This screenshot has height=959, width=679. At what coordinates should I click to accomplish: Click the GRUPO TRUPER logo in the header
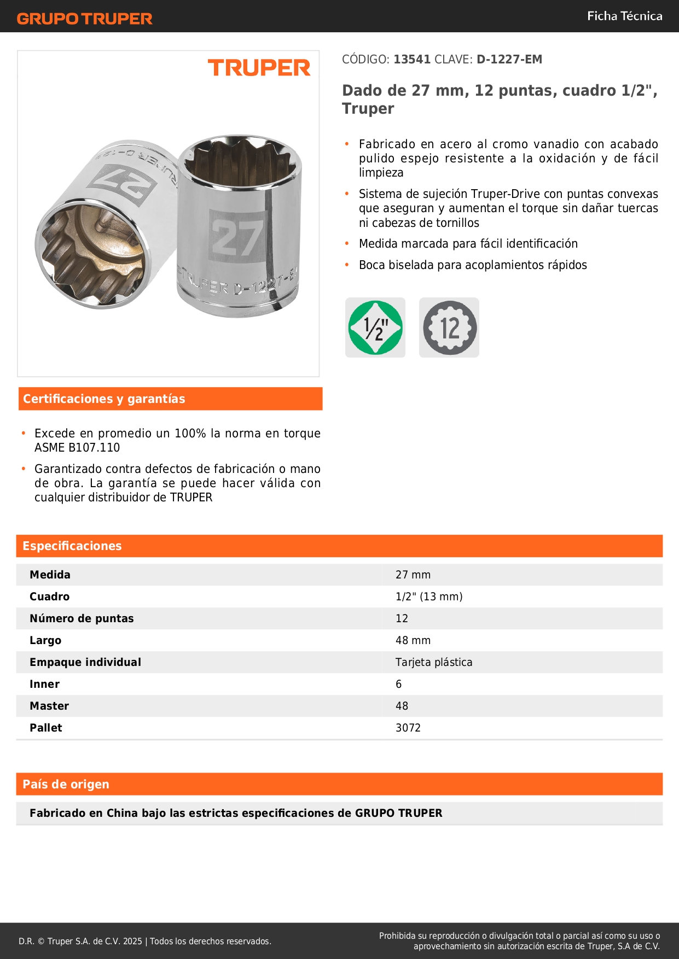coord(85,19)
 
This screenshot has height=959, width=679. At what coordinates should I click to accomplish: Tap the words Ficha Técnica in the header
coord(624,16)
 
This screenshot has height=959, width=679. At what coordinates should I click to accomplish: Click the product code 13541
coord(412,60)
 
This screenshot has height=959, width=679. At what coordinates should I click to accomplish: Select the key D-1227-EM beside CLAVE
coord(509,60)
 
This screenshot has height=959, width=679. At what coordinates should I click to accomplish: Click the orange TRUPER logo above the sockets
coord(259,68)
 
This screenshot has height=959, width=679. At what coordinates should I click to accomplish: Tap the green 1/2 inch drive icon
coord(375,328)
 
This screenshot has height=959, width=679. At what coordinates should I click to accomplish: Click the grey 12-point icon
coord(449,328)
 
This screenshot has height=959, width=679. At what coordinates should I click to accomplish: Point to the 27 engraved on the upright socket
coord(237,237)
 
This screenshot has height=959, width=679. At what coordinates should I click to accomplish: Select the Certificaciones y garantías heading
coord(104,399)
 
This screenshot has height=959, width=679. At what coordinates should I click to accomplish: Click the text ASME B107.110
coord(77,448)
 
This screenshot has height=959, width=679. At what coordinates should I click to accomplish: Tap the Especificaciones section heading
coord(72,546)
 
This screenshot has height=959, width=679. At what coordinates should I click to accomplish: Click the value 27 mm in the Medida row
coord(413,575)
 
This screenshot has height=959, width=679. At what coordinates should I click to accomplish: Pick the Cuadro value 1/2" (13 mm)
coord(429,597)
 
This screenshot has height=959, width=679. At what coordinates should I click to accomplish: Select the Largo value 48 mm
coord(413,641)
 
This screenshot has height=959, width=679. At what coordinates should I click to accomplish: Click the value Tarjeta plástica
coord(434,663)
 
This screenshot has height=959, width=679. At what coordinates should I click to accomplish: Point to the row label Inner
coord(45,685)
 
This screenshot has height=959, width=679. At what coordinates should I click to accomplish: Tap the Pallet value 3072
coord(408,728)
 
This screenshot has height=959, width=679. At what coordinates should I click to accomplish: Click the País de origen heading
coord(66,785)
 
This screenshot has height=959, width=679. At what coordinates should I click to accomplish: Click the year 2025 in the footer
coord(132,942)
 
